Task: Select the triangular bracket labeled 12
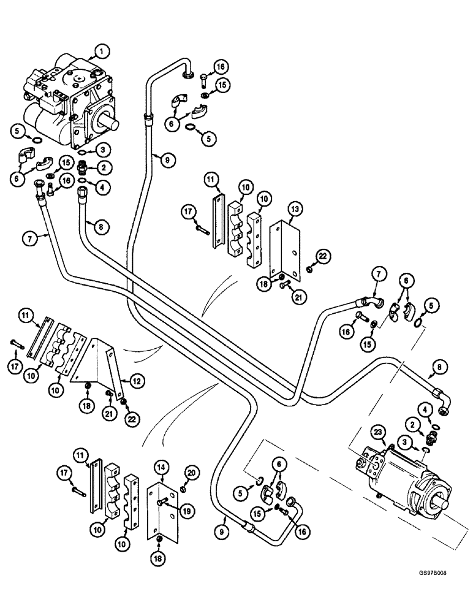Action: click(98, 362)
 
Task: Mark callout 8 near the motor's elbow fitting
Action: click(442, 368)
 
